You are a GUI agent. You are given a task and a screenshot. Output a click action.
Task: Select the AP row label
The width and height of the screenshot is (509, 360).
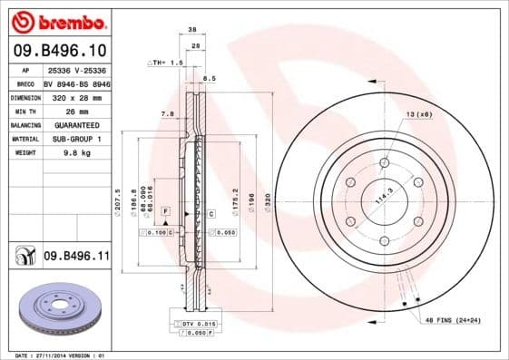click(x=25, y=68)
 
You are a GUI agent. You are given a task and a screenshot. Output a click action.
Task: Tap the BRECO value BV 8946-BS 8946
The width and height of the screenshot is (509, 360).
click(x=76, y=82)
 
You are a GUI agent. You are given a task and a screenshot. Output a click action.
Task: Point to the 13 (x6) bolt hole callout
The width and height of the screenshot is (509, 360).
click(x=419, y=114)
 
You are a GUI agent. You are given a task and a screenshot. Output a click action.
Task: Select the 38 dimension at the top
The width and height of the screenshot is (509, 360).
click(x=192, y=30)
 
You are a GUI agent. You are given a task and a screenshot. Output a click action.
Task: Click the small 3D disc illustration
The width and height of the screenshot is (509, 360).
click(x=54, y=309)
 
